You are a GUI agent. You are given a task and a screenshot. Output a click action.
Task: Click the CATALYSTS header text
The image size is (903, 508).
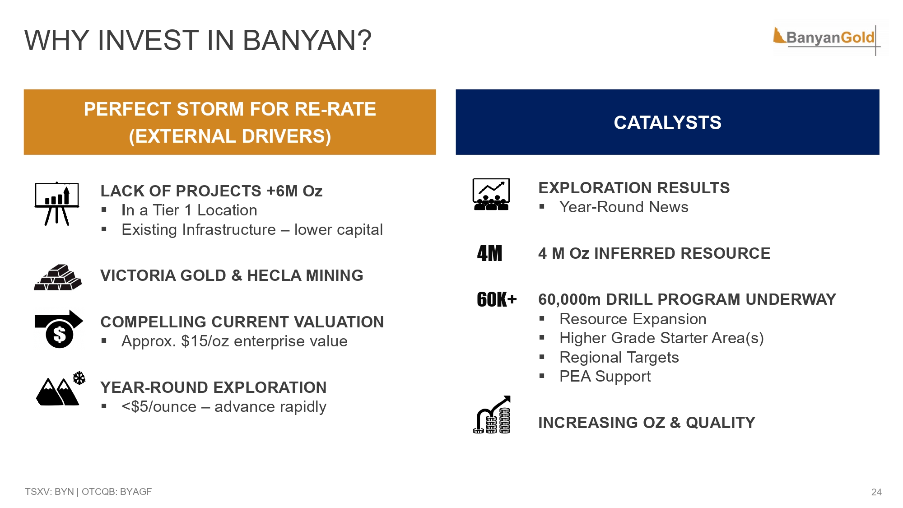point(667,122)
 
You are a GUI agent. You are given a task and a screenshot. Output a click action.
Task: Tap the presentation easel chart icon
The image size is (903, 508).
point(57,203)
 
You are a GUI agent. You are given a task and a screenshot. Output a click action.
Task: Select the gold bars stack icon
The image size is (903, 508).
point(58,277)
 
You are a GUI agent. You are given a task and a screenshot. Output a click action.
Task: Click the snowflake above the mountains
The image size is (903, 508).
point(79,378)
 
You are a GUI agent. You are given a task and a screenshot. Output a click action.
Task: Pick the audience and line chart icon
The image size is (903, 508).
point(491,194)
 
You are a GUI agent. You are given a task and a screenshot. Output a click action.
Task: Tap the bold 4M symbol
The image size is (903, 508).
point(489,253)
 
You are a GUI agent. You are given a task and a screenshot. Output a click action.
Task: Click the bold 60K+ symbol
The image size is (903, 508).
point(497,299)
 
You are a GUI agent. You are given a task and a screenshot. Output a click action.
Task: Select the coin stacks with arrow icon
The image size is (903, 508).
point(492,415)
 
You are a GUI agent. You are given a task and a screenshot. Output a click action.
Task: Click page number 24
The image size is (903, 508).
point(876,492)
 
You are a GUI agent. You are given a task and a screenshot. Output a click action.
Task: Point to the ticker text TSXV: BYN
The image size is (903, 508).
point(49,491)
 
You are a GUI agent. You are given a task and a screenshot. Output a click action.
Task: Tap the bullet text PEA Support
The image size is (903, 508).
point(605,376)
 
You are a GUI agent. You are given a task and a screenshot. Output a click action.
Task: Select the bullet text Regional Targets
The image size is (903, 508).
point(619,357)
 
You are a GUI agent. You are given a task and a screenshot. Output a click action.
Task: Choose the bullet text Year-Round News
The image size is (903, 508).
point(624,207)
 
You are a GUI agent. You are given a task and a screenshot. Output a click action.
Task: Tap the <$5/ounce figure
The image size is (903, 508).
point(159,406)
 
